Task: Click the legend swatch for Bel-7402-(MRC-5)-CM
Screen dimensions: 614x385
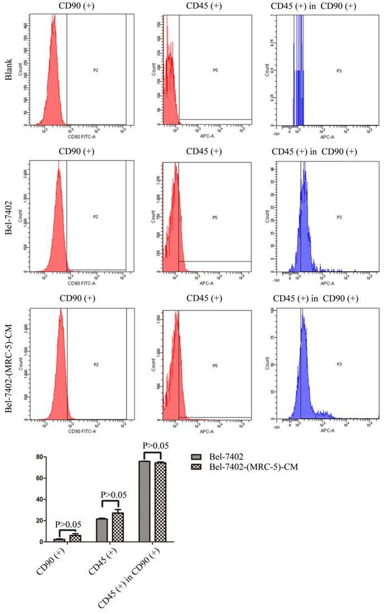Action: tap(196, 467)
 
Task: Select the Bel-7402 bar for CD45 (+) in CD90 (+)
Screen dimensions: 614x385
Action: tap(144, 501)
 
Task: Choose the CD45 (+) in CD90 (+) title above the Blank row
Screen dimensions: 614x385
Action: tap(314, 6)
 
